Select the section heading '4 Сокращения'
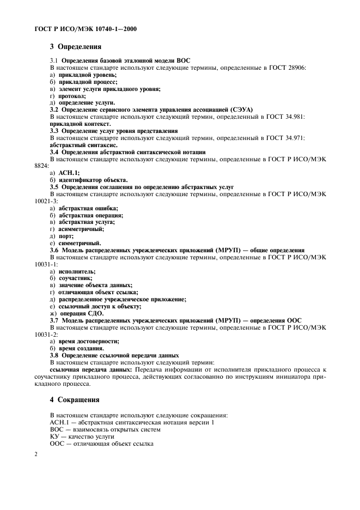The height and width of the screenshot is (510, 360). click(74, 399)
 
